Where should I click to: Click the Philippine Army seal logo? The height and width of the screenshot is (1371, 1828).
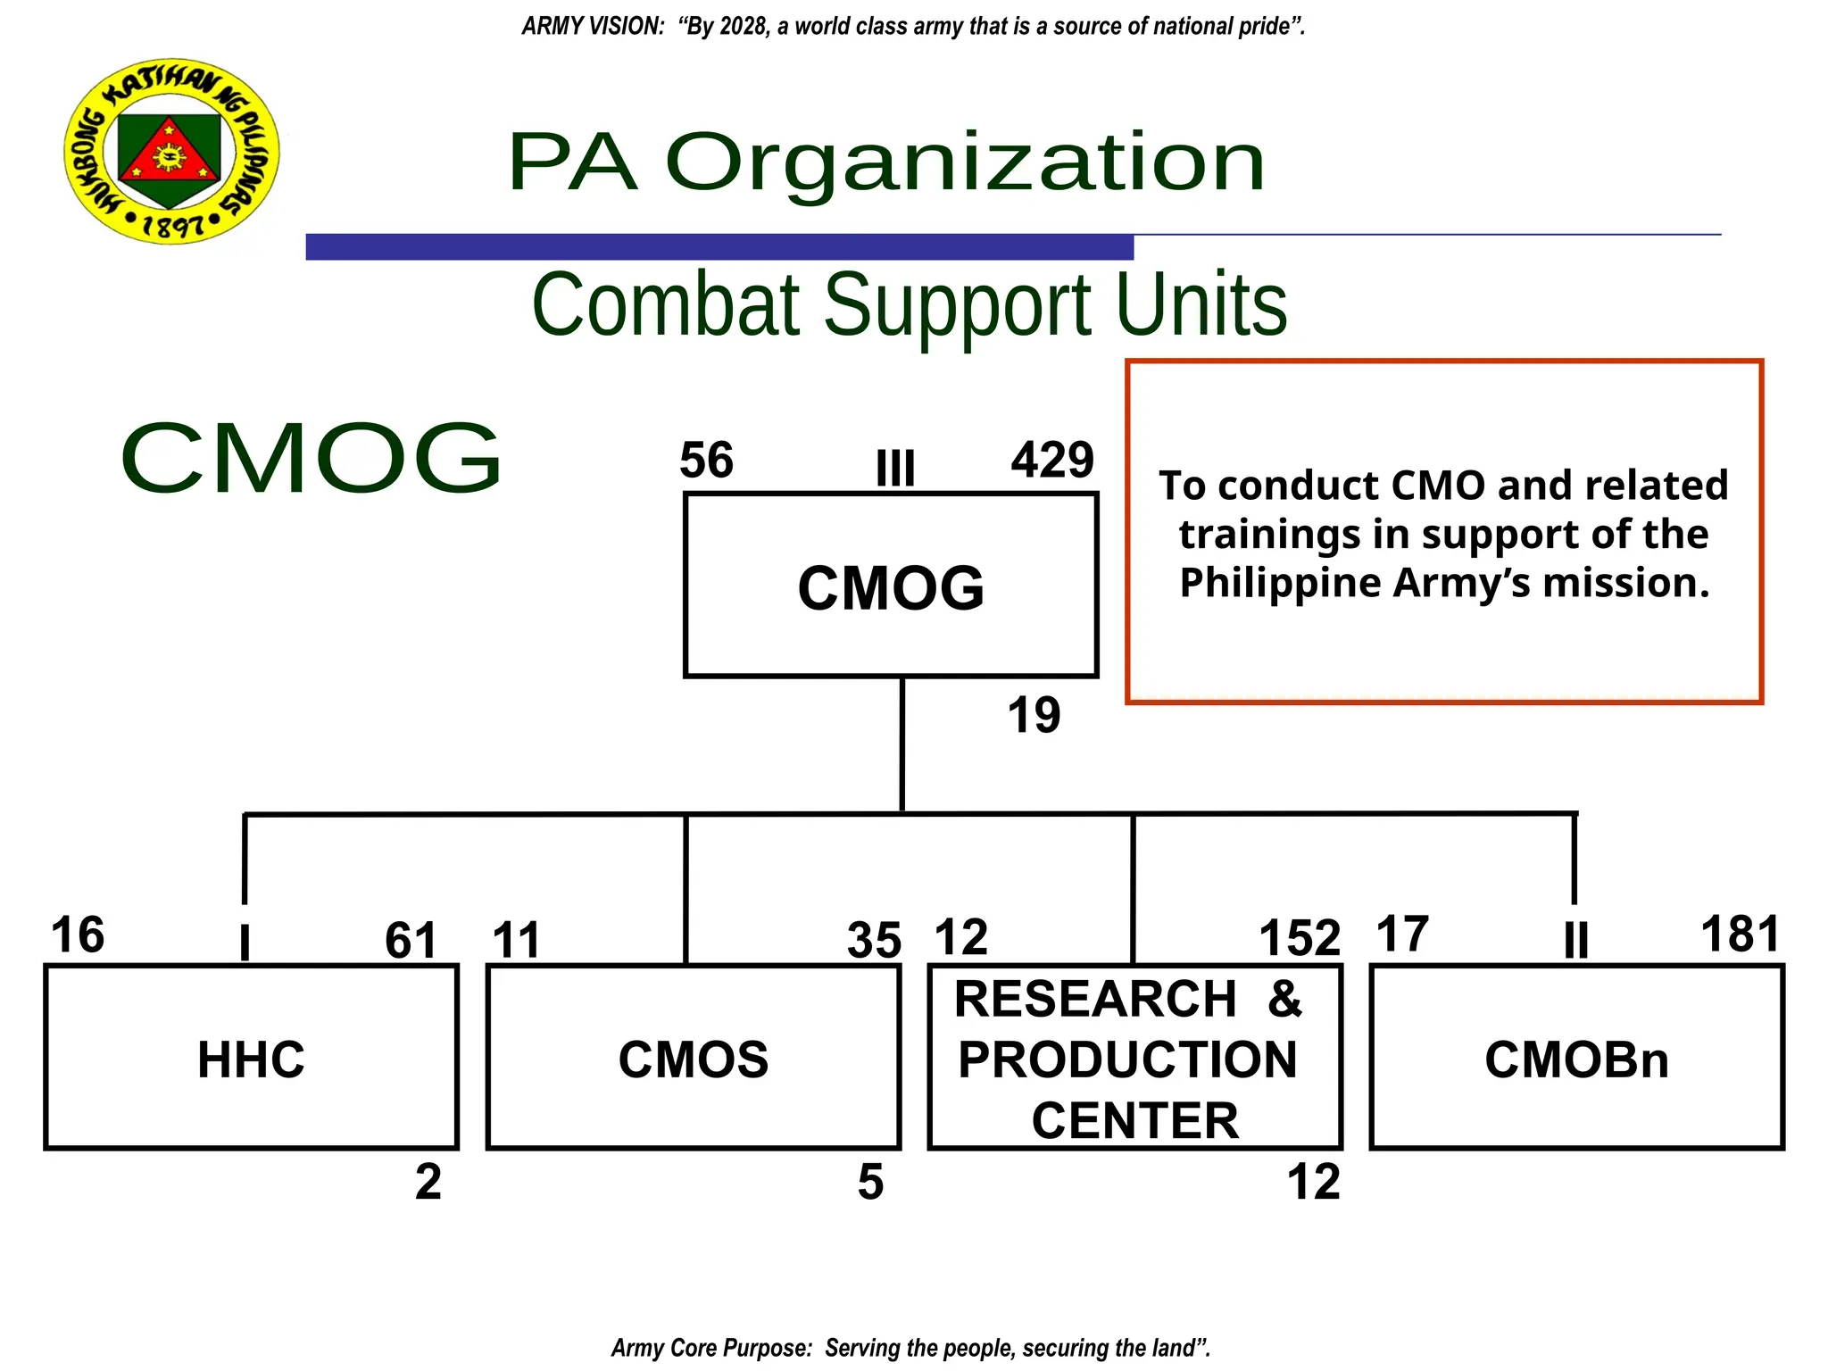point(171,151)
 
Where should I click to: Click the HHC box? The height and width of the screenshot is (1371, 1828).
point(251,1058)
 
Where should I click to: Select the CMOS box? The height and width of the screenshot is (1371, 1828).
point(694,1058)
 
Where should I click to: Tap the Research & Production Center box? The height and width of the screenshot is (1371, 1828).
point(1134,1058)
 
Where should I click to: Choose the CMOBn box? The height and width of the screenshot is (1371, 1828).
point(1576,1058)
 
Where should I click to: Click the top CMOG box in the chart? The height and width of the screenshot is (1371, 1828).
point(891,586)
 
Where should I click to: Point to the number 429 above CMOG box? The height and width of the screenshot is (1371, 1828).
point(1052,461)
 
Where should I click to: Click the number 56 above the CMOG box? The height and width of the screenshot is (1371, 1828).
point(706,461)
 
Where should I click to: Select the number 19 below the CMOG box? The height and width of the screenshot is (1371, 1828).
point(1034,716)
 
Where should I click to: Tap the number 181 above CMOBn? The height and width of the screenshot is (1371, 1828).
point(1740,935)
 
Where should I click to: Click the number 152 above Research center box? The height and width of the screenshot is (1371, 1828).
point(1300,938)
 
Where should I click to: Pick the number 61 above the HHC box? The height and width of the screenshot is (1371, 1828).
point(411,940)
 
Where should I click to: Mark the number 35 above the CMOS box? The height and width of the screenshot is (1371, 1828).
point(874,940)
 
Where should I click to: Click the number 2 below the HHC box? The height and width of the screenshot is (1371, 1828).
point(428,1182)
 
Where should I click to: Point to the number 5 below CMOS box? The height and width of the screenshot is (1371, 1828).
point(870,1182)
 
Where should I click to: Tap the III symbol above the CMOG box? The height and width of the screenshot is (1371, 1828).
point(895,468)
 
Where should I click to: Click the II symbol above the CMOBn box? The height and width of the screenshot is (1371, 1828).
point(1576,940)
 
